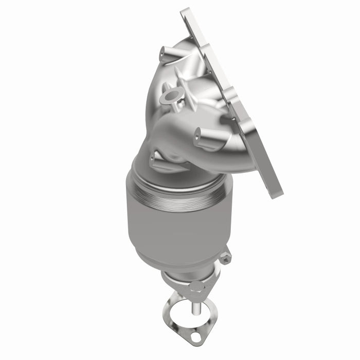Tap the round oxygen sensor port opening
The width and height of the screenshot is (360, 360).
coord(171,96)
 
